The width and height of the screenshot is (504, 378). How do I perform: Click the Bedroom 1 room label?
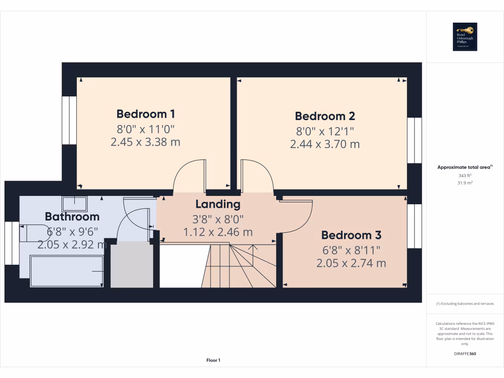click(x=146, y=114)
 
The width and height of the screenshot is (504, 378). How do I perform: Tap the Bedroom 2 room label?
click(x=325, y=116)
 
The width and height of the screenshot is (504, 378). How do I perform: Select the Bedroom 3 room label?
click(x=351, y=235)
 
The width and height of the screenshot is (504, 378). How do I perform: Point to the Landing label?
click(x=218, y=204)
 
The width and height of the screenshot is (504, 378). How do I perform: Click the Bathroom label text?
click(x=72, y=217)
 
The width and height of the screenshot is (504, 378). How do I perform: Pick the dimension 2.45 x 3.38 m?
click(x=146, y=142)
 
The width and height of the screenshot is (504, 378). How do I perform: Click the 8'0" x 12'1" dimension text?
click(x=325, y=131)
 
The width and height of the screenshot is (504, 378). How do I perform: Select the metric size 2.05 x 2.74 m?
click(x=351, y=263)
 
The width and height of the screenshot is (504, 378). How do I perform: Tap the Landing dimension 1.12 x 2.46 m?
click(x=218, y=232)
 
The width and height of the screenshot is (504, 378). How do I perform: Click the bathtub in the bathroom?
click(x=66, y=271)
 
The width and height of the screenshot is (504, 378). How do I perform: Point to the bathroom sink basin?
click(x=75, y=203)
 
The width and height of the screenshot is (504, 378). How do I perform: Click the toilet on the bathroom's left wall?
click(x=32, y=233)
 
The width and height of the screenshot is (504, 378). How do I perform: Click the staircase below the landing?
click(x=239, y=266)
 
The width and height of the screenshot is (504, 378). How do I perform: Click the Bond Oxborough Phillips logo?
click(x=465, y=36)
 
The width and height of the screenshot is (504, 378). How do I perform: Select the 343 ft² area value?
click(x=465, y=175)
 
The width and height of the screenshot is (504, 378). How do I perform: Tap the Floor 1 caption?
click(x=213, y=360)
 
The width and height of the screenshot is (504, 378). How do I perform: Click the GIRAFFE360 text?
click(x=465, y=353)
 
